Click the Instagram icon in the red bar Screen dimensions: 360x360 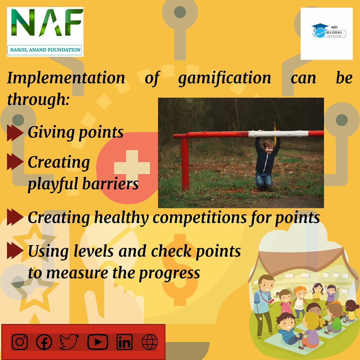(20, 342)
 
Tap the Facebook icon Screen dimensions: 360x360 (44, 342)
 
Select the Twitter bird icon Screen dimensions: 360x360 (69, 342)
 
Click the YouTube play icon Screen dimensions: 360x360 (98, 342)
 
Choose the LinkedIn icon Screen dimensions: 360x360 (124, 342)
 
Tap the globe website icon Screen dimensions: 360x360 (149, 342)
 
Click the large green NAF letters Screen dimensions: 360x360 (45, 24)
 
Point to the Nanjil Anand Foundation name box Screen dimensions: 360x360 (45, 50)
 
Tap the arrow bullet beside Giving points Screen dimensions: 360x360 (15, 132)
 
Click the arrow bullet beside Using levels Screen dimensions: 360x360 (15, 251)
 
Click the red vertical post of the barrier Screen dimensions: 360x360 (185, 163)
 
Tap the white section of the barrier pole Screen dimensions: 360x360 (278, 134)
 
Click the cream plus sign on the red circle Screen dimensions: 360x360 (132, 167)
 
